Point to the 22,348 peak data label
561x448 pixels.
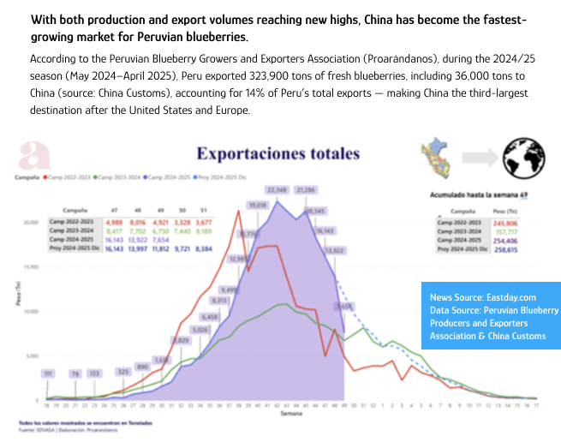(277, 188)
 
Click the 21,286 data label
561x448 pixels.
(305, 188)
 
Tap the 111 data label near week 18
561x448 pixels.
(49, 373)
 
